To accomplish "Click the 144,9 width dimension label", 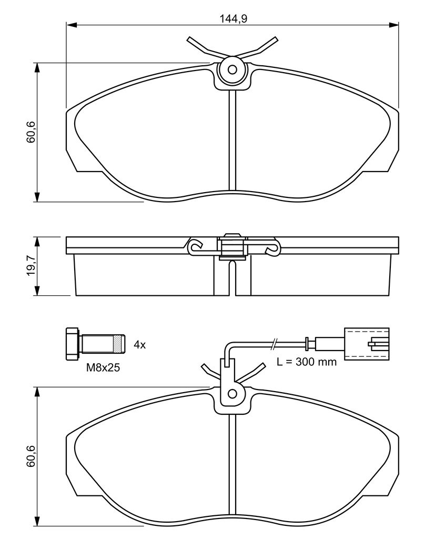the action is click(234, 19).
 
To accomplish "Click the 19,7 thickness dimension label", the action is click(31, 265).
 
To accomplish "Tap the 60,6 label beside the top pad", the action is click(31, 132).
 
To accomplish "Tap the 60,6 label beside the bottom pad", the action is click(31, 456).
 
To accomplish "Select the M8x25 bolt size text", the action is click(103, 368).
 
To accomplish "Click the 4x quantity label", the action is click(139, 344).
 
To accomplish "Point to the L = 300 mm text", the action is click(307, 362).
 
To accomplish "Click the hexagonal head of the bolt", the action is click(72, 344).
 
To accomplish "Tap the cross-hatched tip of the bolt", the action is click(119, 344).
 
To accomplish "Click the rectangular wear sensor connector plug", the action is click(367, 344).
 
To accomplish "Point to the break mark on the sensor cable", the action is click(274, 343).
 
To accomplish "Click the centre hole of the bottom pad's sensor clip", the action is click(232, 393).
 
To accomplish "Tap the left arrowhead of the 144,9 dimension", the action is click(71, 25).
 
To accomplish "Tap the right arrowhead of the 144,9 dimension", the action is click(393, 25).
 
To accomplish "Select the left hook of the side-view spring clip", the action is click(195, 246).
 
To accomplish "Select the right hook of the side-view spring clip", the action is click(273, 247).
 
